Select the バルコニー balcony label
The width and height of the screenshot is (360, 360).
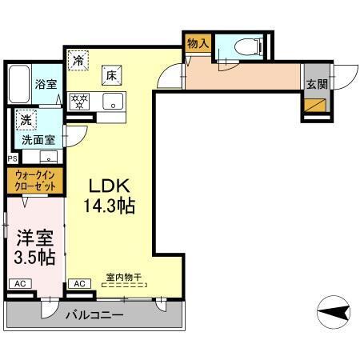(x=94, y=315)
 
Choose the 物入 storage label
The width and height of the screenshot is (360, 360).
(x=198, y=45)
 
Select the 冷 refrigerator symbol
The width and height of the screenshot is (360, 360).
(x=78, y=60)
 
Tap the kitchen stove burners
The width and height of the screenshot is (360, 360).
(x=79, y=102)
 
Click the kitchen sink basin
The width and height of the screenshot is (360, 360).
(x=113, y=102)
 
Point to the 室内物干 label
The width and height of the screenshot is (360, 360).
(x=123, y=278)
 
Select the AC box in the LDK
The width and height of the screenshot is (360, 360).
(x=80, y=284)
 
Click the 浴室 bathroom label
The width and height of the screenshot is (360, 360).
(x=44, y=83)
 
